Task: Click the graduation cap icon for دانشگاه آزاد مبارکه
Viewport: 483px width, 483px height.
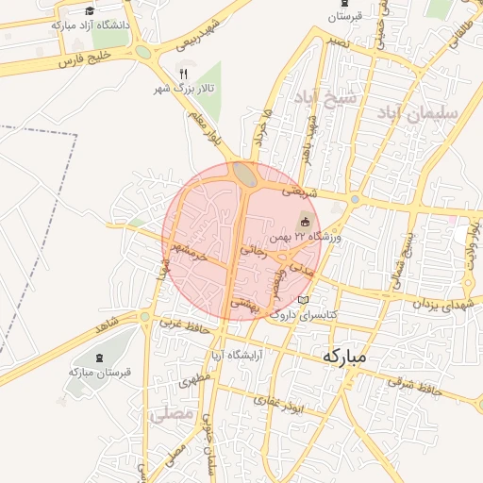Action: [x=90, y=10]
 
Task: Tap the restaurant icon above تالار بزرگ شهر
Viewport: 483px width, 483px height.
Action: [x=183, y=73]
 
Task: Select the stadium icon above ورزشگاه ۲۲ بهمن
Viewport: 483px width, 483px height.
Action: [x=304, y=222]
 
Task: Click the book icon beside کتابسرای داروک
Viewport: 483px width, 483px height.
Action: [x=303, y=300]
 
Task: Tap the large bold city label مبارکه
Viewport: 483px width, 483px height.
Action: [x=344, y=358]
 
